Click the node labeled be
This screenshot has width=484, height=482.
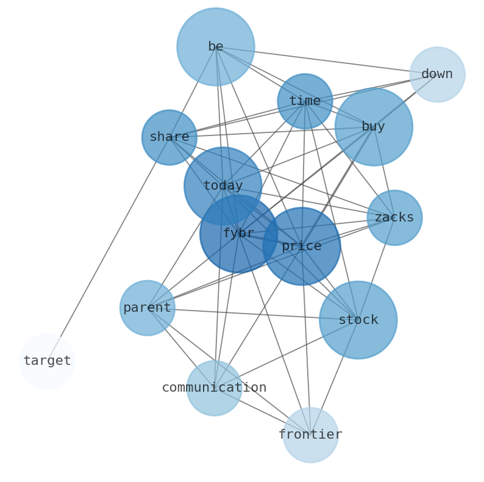pos(216,47)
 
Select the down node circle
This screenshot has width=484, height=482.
pos(437,74)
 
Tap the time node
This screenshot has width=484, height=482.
pos(305,101)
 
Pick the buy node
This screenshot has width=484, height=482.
pos(373,127)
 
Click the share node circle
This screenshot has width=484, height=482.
pos(169,137)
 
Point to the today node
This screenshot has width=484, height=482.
pos(222,186)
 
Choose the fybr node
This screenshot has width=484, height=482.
pos(238,234)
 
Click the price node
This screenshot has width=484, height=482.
pos(302,246)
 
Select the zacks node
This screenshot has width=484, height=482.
pos(394,218)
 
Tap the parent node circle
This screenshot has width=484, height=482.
pos(147,308)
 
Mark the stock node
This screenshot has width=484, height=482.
pos(358,320)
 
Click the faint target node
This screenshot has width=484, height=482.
pos(47,361)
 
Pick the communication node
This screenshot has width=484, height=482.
pos(214,388)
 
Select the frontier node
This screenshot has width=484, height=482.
pos(310,435)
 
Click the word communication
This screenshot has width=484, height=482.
pos(214,388)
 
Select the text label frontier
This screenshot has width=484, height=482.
pos(310,435)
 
